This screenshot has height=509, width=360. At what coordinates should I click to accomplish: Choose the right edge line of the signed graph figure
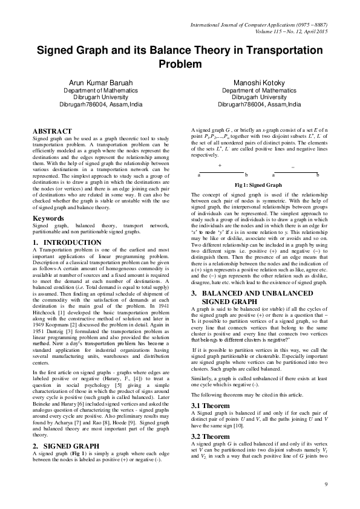pyautogui.click(x=293, y=171)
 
